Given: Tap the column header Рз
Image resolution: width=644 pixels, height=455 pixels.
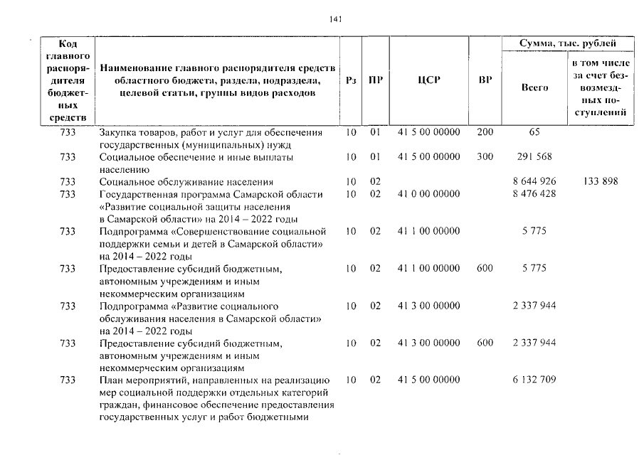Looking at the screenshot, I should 350,80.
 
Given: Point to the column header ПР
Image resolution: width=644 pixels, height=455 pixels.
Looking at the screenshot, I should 376,80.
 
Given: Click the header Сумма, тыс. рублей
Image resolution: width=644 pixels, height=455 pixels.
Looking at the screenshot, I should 567,44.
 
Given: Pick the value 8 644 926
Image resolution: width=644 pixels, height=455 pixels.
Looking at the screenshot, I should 534,182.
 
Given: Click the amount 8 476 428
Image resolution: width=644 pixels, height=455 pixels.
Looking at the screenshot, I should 534,194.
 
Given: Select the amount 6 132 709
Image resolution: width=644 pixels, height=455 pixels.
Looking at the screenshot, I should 534,380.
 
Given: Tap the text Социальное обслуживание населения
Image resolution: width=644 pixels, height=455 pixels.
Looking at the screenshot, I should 186,182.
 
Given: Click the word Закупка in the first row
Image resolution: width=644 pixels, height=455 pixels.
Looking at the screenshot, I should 117,132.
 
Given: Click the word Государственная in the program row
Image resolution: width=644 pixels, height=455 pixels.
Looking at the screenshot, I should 138,194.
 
